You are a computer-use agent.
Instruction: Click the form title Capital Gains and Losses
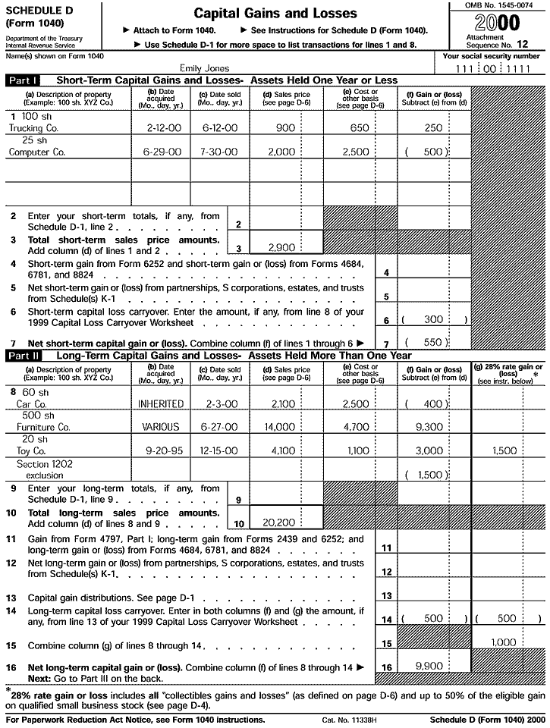(275, 14)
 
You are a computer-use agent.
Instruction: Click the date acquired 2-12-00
(161, 128)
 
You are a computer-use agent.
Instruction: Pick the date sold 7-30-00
(215, 152)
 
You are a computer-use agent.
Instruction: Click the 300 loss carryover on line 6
(433, 320)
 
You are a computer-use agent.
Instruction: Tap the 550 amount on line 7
(433, 342)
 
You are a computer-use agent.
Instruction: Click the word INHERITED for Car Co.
(161, 404)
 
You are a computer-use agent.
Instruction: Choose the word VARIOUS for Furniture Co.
(161, 427)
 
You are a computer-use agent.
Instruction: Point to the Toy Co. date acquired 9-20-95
(161, 450)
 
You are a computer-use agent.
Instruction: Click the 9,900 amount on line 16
(429, 665)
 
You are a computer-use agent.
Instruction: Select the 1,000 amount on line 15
(503, 642)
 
